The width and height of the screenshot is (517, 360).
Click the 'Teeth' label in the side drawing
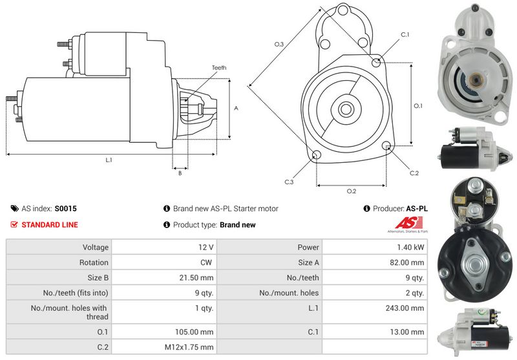[x=218, y=68]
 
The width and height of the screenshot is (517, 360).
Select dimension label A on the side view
[x=236, y=108]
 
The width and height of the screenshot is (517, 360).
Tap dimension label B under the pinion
[x=179, y=173]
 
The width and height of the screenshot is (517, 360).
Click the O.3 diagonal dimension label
[x=279, y=44]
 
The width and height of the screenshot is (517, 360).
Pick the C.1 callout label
[x=405, y=34]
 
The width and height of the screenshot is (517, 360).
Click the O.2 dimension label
[x=352, y=191]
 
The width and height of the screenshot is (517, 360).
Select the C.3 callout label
[x=290, y=182]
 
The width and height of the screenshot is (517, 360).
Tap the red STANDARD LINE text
[x=50, y=225]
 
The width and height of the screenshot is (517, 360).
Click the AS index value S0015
[x=65, y=209]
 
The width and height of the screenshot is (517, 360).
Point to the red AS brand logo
[x=412, y=224]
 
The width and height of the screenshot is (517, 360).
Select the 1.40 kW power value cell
[x=411, y=247]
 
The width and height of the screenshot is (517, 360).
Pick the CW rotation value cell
[x=208, y=262]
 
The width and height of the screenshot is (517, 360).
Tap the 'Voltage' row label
[x=95, y=247]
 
